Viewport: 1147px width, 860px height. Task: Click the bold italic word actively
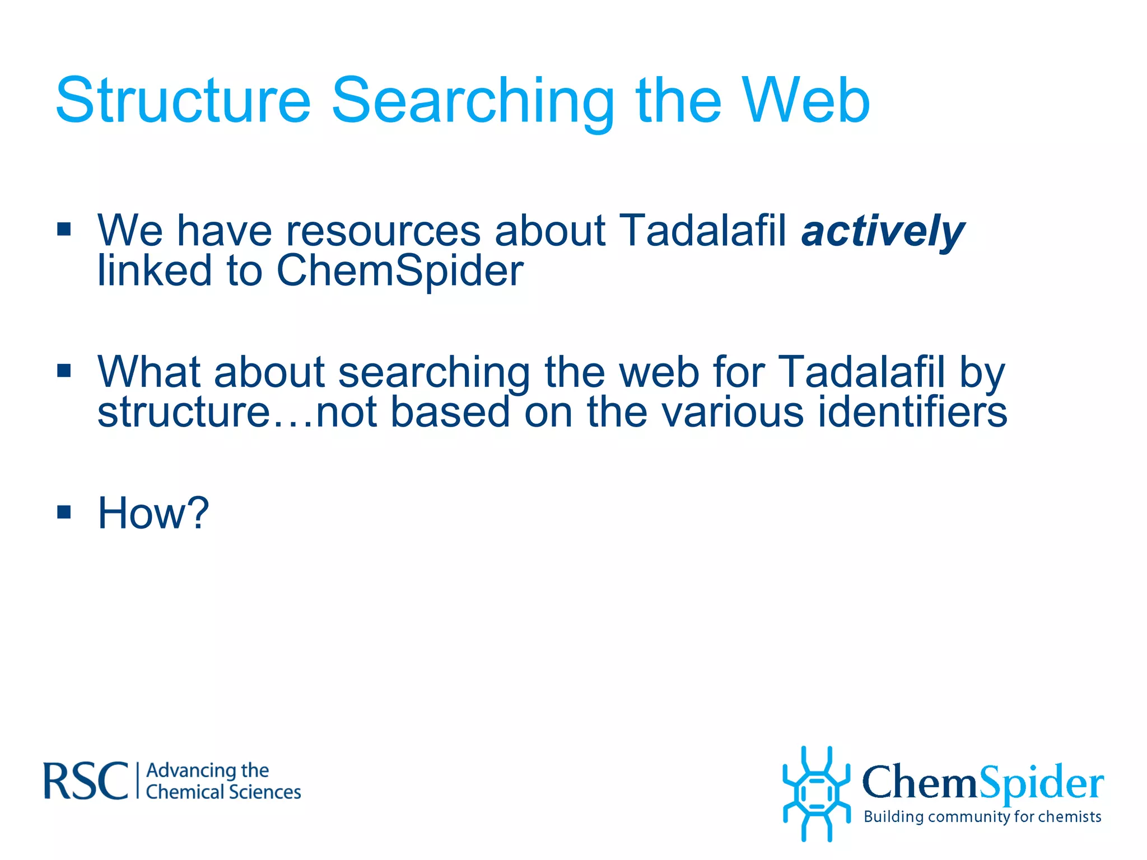(x=883, y=231)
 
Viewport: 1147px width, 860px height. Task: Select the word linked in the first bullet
(x=154, y=271)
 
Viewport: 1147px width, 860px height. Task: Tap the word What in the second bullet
(x=148, y=372)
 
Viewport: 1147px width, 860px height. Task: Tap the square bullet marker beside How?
(x=64, y=512)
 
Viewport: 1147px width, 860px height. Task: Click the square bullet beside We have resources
(x=64, y=229)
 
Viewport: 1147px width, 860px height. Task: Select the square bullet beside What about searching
(x=64, y=371)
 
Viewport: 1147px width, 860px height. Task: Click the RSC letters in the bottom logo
(x=86, y=781)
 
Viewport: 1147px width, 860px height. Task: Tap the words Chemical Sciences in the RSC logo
(x=223, y=792)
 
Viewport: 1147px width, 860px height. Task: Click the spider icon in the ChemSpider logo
(x=816, y=793)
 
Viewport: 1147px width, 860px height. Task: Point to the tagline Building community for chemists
(x=982, y=817)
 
